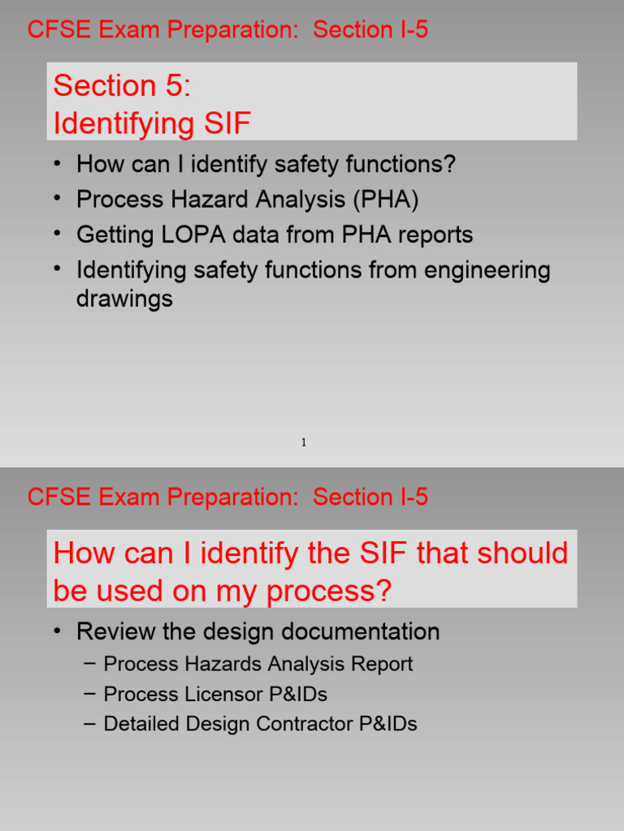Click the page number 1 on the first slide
point(304,442)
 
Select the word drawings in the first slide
point(124,299)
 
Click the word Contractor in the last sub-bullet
point(307,724)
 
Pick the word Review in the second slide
point(114,631)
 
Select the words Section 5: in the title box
point(122,86)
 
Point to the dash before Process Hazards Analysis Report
point(90,664)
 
